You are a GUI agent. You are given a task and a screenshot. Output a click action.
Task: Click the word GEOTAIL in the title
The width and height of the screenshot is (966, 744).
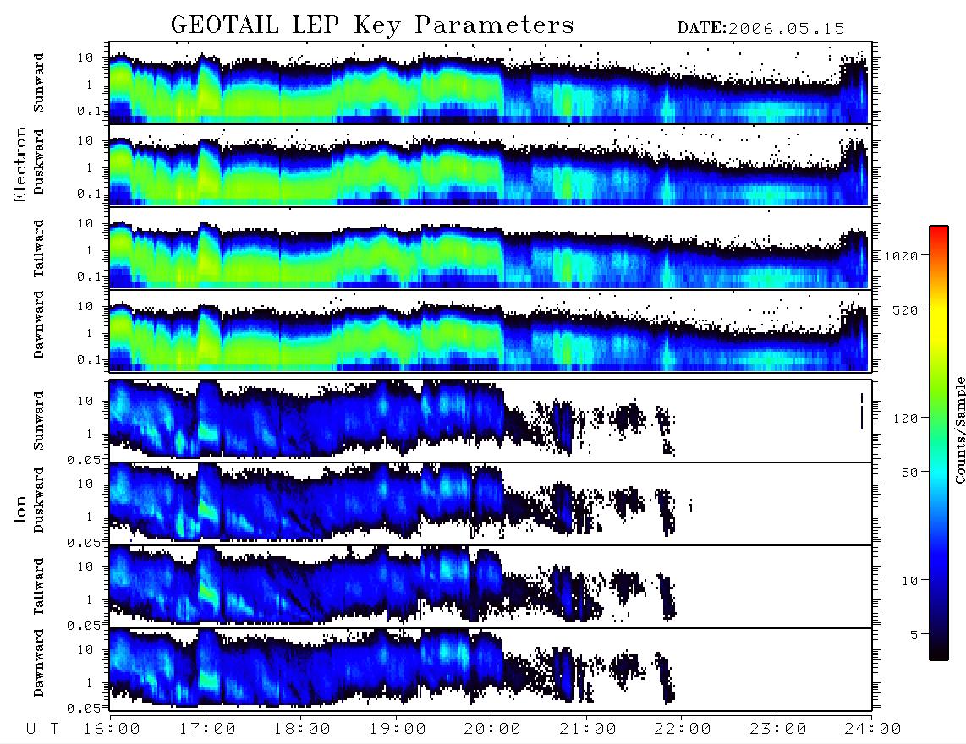tap(224, 25)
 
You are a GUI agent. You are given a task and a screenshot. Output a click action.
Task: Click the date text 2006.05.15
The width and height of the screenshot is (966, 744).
tap(787, 29)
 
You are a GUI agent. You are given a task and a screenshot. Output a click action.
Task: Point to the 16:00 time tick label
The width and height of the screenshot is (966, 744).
tap(113, 730)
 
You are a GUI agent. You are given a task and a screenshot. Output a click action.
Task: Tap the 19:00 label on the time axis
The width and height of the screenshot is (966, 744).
tap(398, 730)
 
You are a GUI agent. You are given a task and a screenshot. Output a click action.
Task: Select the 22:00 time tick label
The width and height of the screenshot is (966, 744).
tap(683, 730)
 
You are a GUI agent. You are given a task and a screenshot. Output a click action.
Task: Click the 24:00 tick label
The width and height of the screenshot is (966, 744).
tap(873, 730)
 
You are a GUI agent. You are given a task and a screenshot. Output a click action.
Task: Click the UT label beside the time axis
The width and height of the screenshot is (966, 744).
tap(42, 730)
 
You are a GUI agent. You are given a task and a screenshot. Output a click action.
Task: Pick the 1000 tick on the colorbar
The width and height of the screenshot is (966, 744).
tap(902, 256)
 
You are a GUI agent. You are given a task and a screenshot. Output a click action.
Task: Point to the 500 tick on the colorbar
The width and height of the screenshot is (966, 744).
tap(906, 309)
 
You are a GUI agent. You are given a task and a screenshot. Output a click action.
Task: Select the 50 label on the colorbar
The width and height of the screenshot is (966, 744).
tap(910, 473)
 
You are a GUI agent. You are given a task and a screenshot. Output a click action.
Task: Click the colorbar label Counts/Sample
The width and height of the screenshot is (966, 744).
tap(959, 429)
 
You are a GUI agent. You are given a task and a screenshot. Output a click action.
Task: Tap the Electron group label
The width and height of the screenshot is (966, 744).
tap(19, 164)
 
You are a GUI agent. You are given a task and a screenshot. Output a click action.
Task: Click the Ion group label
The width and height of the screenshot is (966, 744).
tap(19, 509)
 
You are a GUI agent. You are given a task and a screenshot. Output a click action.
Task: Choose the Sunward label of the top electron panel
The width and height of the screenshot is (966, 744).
tap(39, 82)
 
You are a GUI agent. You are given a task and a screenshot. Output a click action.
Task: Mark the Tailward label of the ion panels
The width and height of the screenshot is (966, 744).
tap(39, 586)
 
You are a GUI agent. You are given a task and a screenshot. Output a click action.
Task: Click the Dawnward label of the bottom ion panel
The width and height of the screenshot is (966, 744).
tap(39, 662)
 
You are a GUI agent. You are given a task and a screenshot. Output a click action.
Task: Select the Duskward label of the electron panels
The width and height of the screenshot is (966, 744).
tap(39, 161)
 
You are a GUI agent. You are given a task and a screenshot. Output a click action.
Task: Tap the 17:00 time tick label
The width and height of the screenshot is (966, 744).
tap(207, 730)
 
